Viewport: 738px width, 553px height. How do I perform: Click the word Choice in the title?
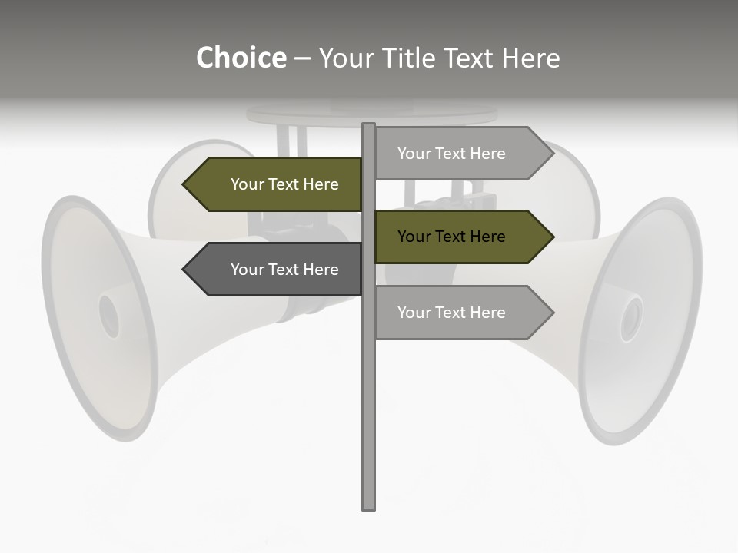pyautogui.click(x=241, y=58)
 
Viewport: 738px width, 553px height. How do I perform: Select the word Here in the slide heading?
pyautogui.click(x=530, y=58)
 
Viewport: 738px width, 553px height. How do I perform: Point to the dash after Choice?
pyautogui.click(x=302, y=58)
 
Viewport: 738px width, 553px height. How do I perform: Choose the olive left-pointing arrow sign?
pyautogui.click(x=277, y=184)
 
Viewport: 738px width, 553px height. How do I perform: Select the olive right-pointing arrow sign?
pyautogui.click(x=461, y=237)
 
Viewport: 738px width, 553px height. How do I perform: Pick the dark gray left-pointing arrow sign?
pyautogui.click(x=277, y=270)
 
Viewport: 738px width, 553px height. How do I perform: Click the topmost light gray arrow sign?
pyautogui.click(x=461, y=154)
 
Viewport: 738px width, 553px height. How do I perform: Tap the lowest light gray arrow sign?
pyautogui.click(x=461, y=313)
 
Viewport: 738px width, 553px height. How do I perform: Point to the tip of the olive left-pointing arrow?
pyautogui.click(x=184, y=184)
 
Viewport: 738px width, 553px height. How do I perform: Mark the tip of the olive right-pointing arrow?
pyautogui.click(x=553, y=237)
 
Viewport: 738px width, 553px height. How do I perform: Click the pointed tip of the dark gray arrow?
pyautogui.click(x=184, y=270)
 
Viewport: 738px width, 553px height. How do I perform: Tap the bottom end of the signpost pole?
pyautogui.click(x=369, y=507)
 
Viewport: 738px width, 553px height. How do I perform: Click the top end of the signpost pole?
pyautogui.click(x=369, y=125)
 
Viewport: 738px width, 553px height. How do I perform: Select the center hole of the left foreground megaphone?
pyautogui.click(x=109, y=316)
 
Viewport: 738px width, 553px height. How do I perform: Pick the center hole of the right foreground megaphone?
pyautogui.click(x=631, y=319)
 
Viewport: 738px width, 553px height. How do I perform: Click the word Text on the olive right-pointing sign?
pyautogui.click(x=452, y=237)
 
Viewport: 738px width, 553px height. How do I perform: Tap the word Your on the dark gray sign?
pyautogui.click(x=248, y=270)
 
